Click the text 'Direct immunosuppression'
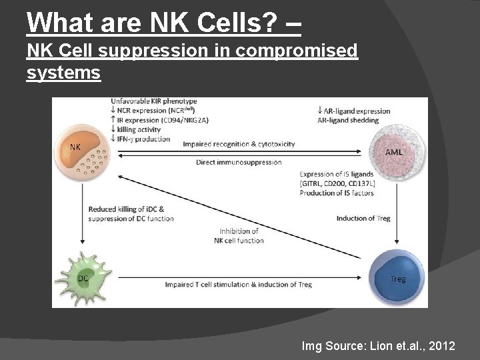pos(239,162)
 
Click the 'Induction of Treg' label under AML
pos(363,218)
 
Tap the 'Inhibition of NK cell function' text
pos(241,235)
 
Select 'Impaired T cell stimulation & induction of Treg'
pos(238,285)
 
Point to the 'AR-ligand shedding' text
pos(348,120)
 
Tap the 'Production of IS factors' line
pos(337,193)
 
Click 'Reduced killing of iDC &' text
pos(127,209)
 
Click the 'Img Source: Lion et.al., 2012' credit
pos(379,346)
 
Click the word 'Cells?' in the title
pos(227,23)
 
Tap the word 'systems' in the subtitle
pos(64,72)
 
